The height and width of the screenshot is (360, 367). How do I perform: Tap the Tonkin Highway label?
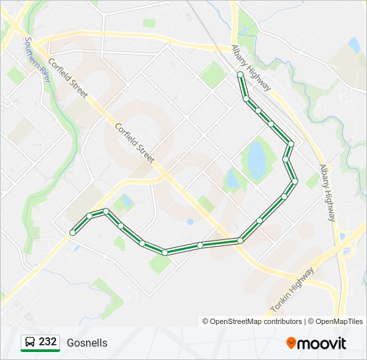point(293,291)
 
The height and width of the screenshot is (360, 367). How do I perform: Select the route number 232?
point(47,342)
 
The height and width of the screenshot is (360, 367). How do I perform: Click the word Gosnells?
point(87,343)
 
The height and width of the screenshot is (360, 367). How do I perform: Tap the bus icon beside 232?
point(29,343)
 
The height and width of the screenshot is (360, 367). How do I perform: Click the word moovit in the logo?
point(322,343)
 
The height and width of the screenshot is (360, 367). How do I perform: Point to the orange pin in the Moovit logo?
point(291,343)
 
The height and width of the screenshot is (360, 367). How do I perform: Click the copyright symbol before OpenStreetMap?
point(206,321)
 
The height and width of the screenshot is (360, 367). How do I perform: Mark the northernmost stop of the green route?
point(240,75)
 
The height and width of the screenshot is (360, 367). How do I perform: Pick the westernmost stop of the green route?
point(73,232)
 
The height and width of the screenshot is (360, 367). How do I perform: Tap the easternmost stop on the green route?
point(294,181)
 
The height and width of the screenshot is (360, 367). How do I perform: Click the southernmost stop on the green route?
point(165,252)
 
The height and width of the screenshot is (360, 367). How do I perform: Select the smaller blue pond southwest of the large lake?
point(232,179)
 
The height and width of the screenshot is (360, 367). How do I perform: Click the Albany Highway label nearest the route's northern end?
point(252,67)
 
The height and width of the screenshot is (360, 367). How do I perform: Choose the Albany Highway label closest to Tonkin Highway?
point(327,193)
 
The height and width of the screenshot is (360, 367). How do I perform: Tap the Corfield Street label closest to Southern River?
point(67,77)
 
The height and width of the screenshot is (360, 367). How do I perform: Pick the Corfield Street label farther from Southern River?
point(135,142)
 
